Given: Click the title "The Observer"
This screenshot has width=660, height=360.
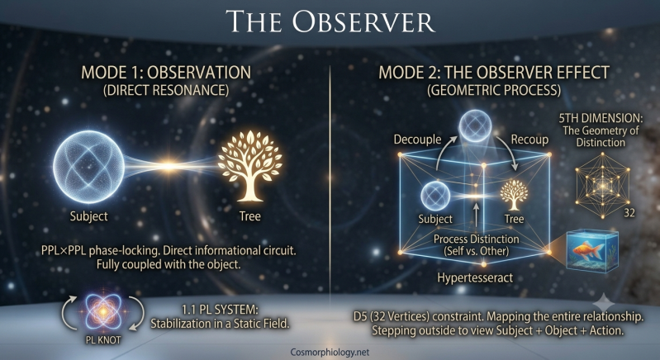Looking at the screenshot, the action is point(330,21).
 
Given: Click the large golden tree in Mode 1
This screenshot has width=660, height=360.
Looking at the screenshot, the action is point(250,166).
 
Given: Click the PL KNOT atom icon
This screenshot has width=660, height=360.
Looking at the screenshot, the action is point(103,311).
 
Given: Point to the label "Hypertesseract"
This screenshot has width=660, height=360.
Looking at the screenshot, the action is point(475,277).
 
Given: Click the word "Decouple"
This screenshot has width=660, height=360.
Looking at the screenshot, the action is point(417,140).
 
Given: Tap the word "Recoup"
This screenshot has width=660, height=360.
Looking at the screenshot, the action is point(530,140).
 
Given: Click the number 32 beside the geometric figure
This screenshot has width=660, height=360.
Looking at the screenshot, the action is point(629,213).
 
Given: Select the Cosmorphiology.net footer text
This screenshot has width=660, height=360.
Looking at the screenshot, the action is point(330,352).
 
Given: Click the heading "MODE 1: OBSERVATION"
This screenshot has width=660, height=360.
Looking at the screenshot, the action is point(166,73).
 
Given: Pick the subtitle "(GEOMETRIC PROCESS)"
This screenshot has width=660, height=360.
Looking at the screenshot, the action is point(494,91).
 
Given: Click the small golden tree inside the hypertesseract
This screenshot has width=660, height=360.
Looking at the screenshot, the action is point(514,195).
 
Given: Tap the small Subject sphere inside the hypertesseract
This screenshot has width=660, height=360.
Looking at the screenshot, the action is point(435,196).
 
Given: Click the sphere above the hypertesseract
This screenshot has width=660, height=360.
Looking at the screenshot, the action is point(475,126).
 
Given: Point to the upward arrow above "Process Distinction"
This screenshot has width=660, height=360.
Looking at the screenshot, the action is point(476,216).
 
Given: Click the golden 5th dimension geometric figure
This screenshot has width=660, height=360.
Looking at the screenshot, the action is point(603,186).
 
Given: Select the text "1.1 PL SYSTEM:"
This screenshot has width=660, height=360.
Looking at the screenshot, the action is point(220,310).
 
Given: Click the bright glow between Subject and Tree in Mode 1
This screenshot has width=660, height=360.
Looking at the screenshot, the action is point(169,167).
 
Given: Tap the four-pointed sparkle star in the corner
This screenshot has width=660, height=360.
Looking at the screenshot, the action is point(604,304).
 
